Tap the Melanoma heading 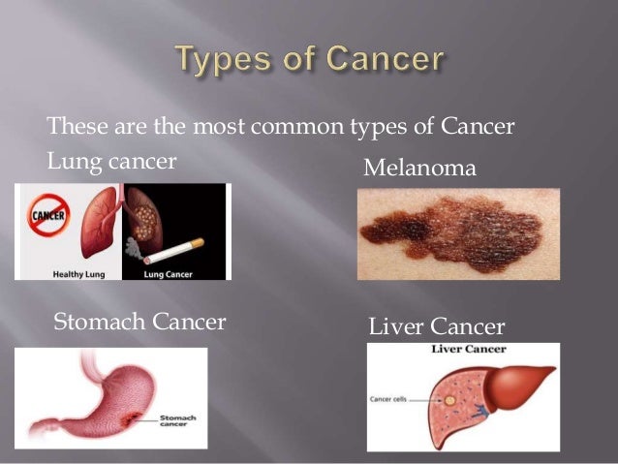point(419,169)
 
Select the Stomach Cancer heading point(140,321)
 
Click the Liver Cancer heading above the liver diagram point(437,327)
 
